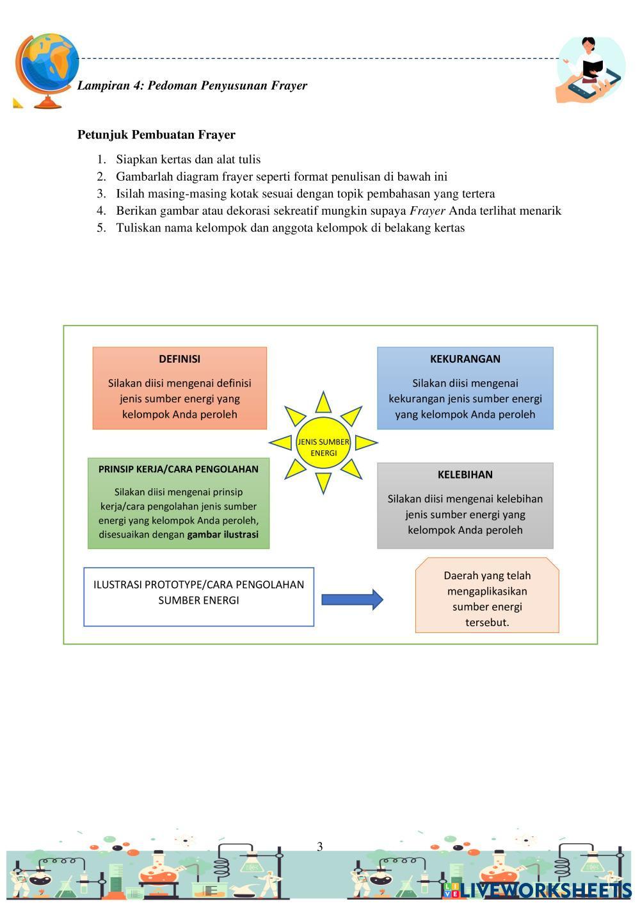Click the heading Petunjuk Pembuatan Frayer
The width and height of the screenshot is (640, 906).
156,135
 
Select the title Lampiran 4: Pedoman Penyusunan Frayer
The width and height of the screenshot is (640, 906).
192,85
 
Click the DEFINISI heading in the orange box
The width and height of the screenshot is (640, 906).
179,359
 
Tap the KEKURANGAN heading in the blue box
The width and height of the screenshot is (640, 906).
465,359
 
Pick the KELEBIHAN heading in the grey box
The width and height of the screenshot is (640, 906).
465,475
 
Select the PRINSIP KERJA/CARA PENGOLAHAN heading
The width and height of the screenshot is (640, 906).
179,469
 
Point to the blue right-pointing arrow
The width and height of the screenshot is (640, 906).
352,600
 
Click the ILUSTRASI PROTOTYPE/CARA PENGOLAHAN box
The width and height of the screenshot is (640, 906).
198,596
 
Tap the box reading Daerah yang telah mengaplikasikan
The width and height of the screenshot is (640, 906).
487,598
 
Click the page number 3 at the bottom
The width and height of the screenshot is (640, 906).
320,847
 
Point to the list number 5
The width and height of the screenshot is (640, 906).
101,228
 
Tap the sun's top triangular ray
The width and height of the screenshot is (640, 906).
323,402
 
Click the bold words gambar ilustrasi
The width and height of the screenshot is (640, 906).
223,534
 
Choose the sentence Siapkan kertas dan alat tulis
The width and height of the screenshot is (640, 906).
188,160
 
